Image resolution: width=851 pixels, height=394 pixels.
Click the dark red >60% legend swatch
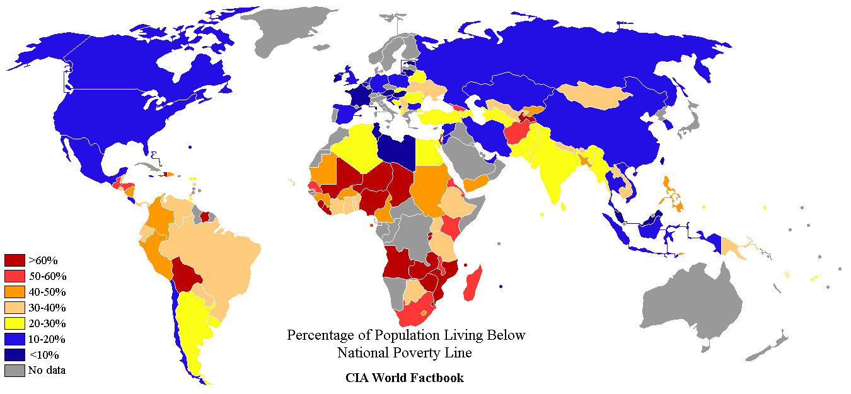14,260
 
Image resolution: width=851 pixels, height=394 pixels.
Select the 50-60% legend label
47,276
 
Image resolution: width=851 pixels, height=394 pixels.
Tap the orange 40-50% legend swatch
14,291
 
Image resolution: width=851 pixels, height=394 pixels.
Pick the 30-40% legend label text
47,308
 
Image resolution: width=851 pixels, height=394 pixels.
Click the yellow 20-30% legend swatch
14,323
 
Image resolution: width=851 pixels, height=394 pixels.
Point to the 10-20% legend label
47,339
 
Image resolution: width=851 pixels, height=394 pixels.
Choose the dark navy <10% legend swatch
14,354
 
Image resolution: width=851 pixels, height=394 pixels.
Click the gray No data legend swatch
14,370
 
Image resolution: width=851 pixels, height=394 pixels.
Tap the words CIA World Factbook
404,378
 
